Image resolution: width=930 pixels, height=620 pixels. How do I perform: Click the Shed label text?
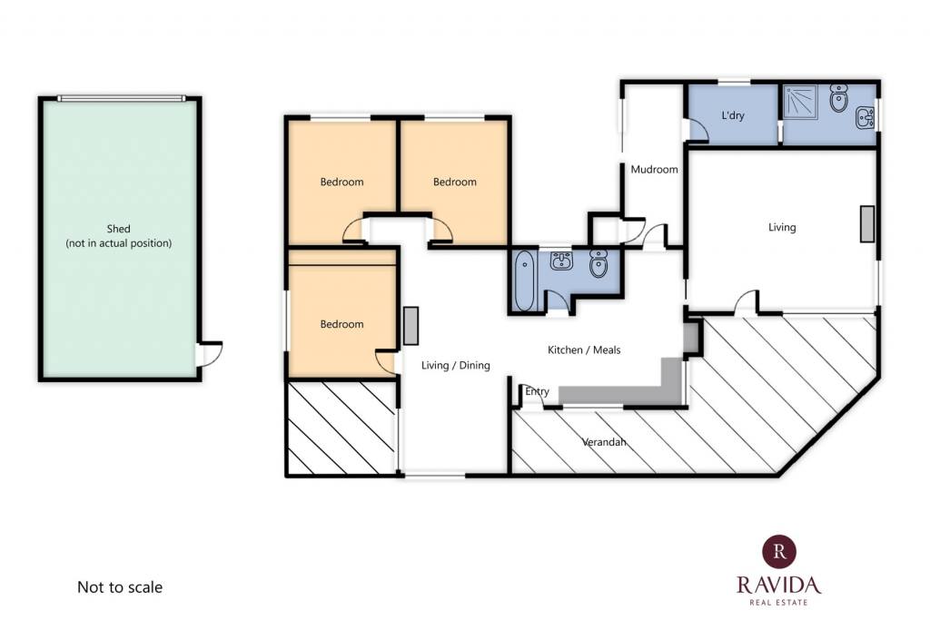tap(119, 229)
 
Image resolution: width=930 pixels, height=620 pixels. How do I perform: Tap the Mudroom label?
tap(654, 170)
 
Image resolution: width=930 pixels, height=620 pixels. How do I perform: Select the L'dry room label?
tap(733, 115)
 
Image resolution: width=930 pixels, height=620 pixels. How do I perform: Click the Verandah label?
tap(604, 441)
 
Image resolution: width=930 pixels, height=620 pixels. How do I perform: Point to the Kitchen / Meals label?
tap(584, 349)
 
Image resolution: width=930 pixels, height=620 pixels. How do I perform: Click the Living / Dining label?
tap(456, 365)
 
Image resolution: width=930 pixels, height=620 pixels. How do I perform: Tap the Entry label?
tap(538, 391)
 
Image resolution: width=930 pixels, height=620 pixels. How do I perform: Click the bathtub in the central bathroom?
tap(524, 280)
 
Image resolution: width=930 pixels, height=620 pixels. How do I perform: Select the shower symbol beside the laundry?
tap(800, 102)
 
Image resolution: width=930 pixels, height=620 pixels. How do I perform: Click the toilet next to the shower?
tap(838, 98)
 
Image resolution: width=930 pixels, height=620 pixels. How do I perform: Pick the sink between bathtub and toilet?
tap(561, 261)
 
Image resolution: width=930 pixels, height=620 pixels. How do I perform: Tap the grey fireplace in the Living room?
tap(867, 223)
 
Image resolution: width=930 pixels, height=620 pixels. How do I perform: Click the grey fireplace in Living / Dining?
tap(411, 325)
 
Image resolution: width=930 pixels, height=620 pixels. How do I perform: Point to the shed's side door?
tap(209, 354)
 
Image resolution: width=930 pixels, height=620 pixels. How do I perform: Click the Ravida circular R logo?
tap(779, 551)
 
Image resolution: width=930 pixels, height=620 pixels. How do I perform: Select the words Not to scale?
tap(120, 587)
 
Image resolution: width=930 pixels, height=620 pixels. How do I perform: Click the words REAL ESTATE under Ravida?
tap(778, 602)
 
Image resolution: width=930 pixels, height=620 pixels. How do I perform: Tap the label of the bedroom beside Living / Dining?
tap(341, 324)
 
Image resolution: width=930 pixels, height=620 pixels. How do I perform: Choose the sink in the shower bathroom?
tap(865, 117)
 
